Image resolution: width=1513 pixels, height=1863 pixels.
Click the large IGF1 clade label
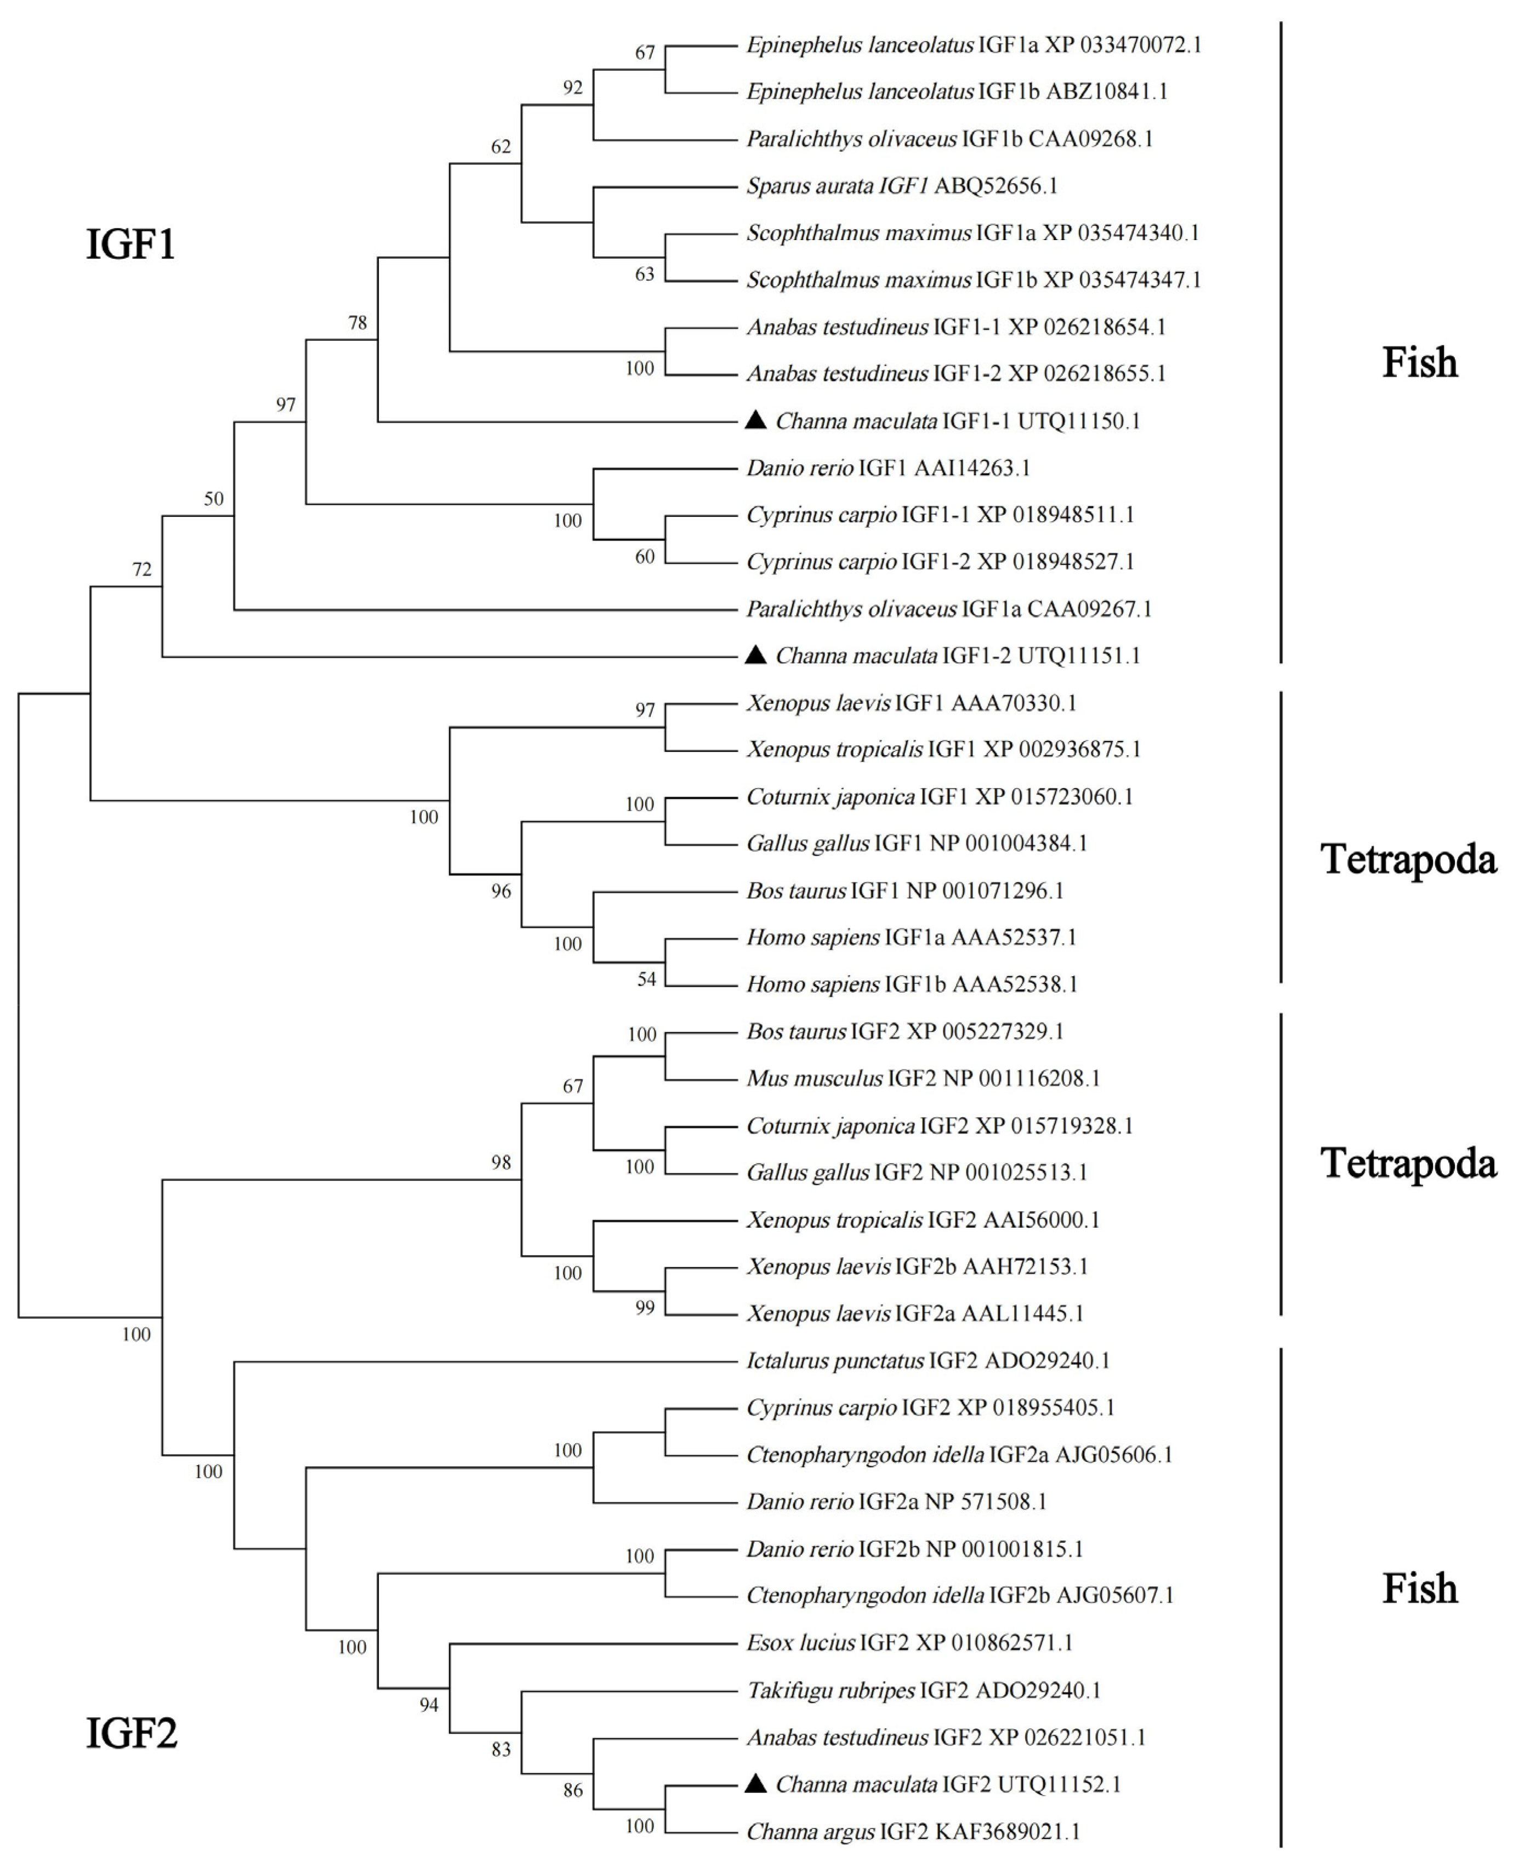pyautogui.click(x=130, y=244)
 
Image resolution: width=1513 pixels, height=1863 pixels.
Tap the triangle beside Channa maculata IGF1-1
pyautogui.click(x=755, y=421)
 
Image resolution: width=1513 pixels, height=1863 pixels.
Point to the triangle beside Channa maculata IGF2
pyautogui.click(x=755, y=1784)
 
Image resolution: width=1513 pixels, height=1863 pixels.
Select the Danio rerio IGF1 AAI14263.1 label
pyautogui.click(x=887, y=468)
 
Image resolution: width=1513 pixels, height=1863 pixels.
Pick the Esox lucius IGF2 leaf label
pyautogui.click(x=909, y=1643)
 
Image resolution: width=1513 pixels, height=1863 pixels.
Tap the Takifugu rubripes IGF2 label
pyautogui.click(x=923, y=1690)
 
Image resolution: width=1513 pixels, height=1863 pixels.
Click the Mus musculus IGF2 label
pyautogui.click(x=922, y=1078)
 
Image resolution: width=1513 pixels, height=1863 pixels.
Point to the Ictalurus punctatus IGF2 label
pyautogui.click(x=928, y=1360)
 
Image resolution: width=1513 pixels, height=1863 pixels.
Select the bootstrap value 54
pyautogui.click(x=646, y=979)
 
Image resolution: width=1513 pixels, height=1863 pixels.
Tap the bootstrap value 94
pyautogui.click(x=429, y=1705)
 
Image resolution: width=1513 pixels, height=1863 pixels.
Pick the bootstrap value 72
pyautogui.click(x=141, y=570)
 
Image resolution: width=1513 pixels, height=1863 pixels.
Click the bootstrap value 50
pyautogui.click(x=214, y=499)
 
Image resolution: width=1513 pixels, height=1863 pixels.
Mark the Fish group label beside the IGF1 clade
pyautogui.click(x=1419, y=362)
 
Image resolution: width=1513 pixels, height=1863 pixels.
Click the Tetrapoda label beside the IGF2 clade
pyautogui.click(x=1408, y=1163)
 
